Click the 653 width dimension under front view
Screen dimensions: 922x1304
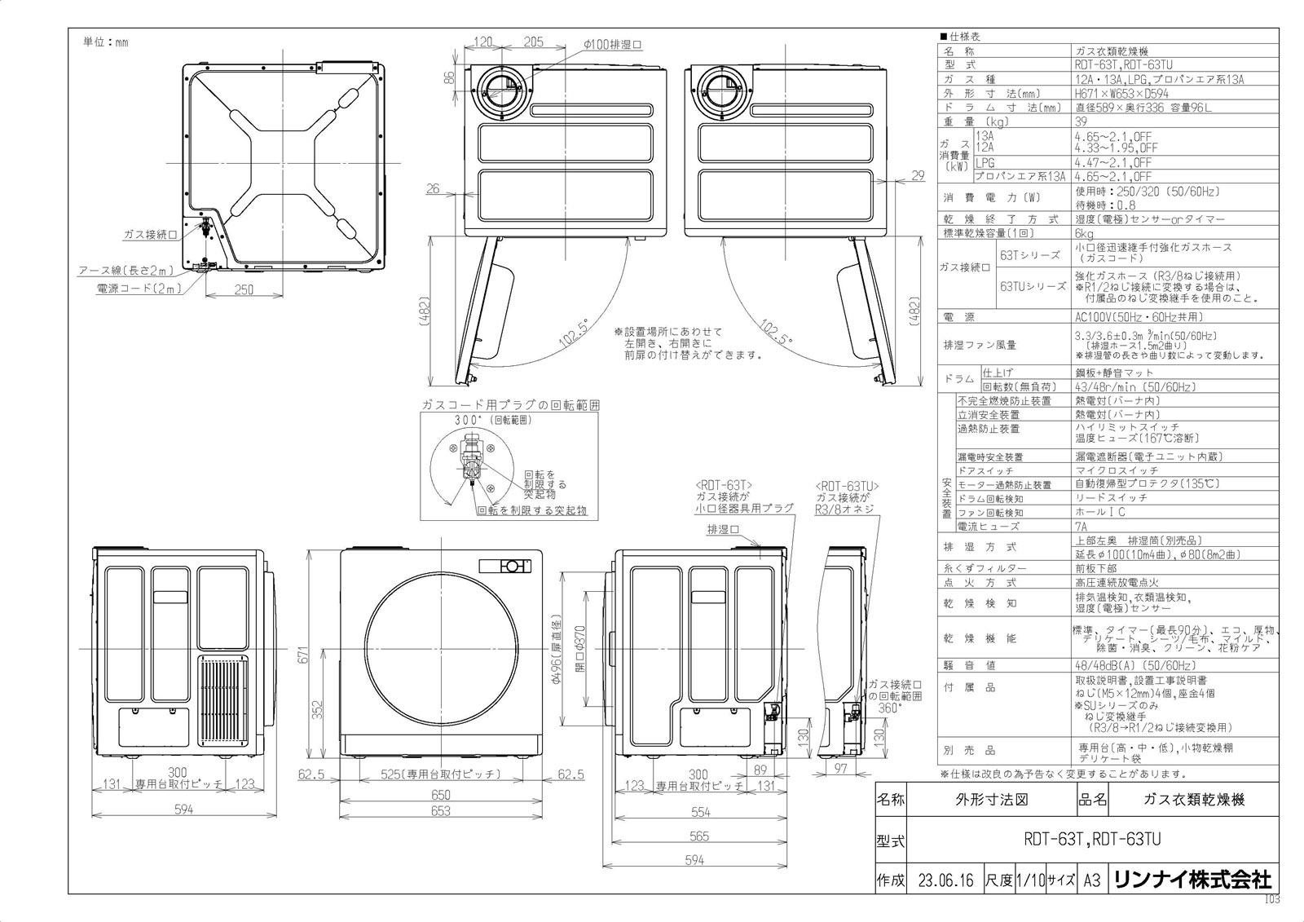click(440, 812)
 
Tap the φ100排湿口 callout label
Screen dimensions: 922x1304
click(612, 43)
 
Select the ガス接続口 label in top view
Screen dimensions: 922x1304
click(150, 235)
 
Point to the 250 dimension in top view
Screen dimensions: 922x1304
click(244, 289)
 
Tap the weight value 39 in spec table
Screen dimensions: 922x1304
click(1082, 121)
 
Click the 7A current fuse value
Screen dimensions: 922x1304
click(1082, 527)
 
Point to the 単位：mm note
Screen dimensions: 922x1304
click(106, 42)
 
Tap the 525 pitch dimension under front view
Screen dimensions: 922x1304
click(440, 775)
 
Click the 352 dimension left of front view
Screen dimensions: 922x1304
click(319, 709)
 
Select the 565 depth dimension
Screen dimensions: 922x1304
click(699, 836)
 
